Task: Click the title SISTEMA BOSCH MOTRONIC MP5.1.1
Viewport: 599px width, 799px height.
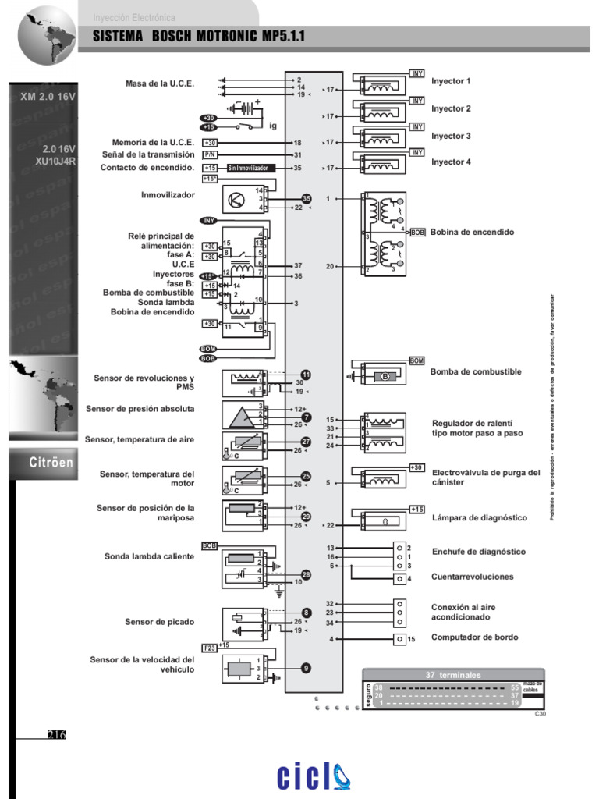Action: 199,37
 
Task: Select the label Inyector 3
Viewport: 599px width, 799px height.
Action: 451,136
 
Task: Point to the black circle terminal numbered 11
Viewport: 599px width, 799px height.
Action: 306,375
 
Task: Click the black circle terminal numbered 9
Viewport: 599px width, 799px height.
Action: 306,667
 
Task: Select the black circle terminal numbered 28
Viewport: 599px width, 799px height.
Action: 306,574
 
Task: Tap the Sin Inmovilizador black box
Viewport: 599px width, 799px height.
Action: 251,168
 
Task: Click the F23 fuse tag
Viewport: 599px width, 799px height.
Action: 209,647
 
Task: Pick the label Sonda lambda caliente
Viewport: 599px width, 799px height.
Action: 149,556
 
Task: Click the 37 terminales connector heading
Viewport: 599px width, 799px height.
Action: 453,674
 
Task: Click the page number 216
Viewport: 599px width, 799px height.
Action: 56,734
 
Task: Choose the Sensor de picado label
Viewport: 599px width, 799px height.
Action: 159,621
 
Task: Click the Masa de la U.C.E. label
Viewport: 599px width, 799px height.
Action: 159,83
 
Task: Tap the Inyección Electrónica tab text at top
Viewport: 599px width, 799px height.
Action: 134,17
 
